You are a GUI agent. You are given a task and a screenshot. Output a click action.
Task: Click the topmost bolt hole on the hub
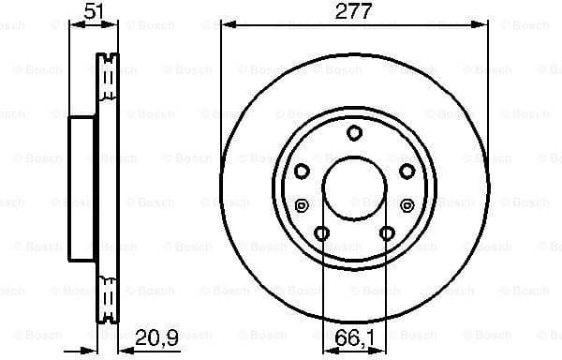pyautogui.click(x=354, y=132)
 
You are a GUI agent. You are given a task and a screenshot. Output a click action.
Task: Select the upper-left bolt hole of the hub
pyautogui.click(x=302, y=171)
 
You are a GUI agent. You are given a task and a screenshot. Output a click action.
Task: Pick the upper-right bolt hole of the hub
pyautogui.click(x=407, y=171)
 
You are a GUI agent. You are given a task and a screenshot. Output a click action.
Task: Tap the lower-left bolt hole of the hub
pyautogui.click(x=321, y=232)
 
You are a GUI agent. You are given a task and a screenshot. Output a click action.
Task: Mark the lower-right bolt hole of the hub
pyautogui.click(x=387, y=232)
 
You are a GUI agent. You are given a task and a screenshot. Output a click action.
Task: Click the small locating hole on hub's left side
pyautogui.click(x=301, y=205)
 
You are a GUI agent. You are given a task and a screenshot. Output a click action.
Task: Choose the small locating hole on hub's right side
pyautogui.click(x=407, y=205)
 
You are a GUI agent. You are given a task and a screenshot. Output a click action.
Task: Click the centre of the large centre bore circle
pyautogui.click(x=354, y=187)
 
